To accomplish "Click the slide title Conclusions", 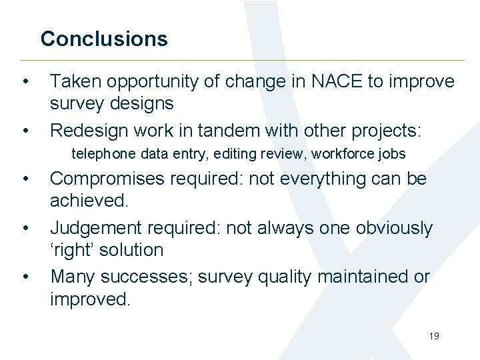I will pos(104,39).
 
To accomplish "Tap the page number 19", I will pos(434,336).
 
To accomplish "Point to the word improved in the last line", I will pos(90,298).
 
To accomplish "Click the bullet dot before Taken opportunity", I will pos(25,82).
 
